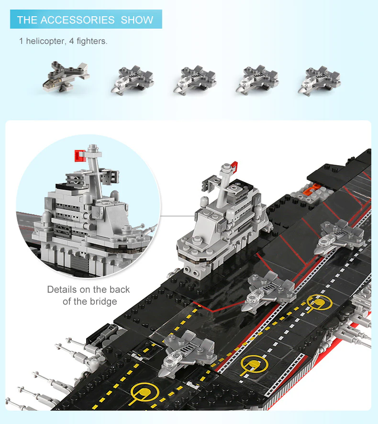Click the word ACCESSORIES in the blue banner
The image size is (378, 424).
pos(78,20)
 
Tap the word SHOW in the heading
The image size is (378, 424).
pos(137,20)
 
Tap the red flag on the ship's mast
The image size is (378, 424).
pos(234,165)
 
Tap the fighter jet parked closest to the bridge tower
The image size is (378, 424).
pos(270,290)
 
